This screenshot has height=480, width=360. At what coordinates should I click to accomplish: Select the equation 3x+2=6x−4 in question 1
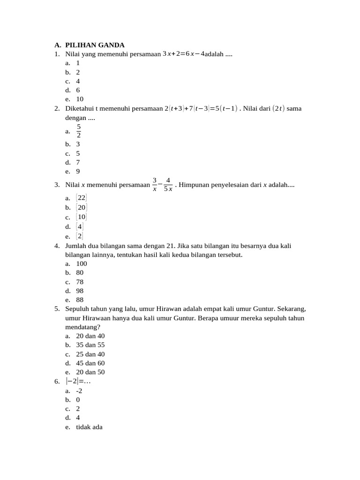(x=183, y=54)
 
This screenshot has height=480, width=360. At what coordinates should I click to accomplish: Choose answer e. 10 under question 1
(x=80, y=99)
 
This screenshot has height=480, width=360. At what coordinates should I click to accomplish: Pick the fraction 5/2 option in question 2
(x=79, y=131)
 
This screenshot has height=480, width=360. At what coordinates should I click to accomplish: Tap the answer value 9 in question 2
(x=78, y=171)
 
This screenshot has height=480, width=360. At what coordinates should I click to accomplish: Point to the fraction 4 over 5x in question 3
(x=168, y=185)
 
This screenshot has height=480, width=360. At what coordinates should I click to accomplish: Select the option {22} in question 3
(x=81, y=198)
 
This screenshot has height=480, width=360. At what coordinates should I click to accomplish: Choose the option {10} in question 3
(x=81, y=217)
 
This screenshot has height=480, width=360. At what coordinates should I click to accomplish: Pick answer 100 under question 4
(x=82, y=263)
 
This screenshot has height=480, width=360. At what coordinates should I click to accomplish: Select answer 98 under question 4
(x=80, y=291)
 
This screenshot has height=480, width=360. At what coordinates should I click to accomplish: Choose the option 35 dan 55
(x=90, y=345)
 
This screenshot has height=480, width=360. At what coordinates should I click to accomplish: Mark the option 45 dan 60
(x=90, y=363)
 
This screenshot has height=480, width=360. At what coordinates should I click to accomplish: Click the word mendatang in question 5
(x=82, y=327)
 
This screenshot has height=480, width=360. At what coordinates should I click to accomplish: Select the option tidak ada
(x=89, y=427)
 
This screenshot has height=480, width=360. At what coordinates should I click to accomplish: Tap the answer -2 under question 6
(x=79, y=390)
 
